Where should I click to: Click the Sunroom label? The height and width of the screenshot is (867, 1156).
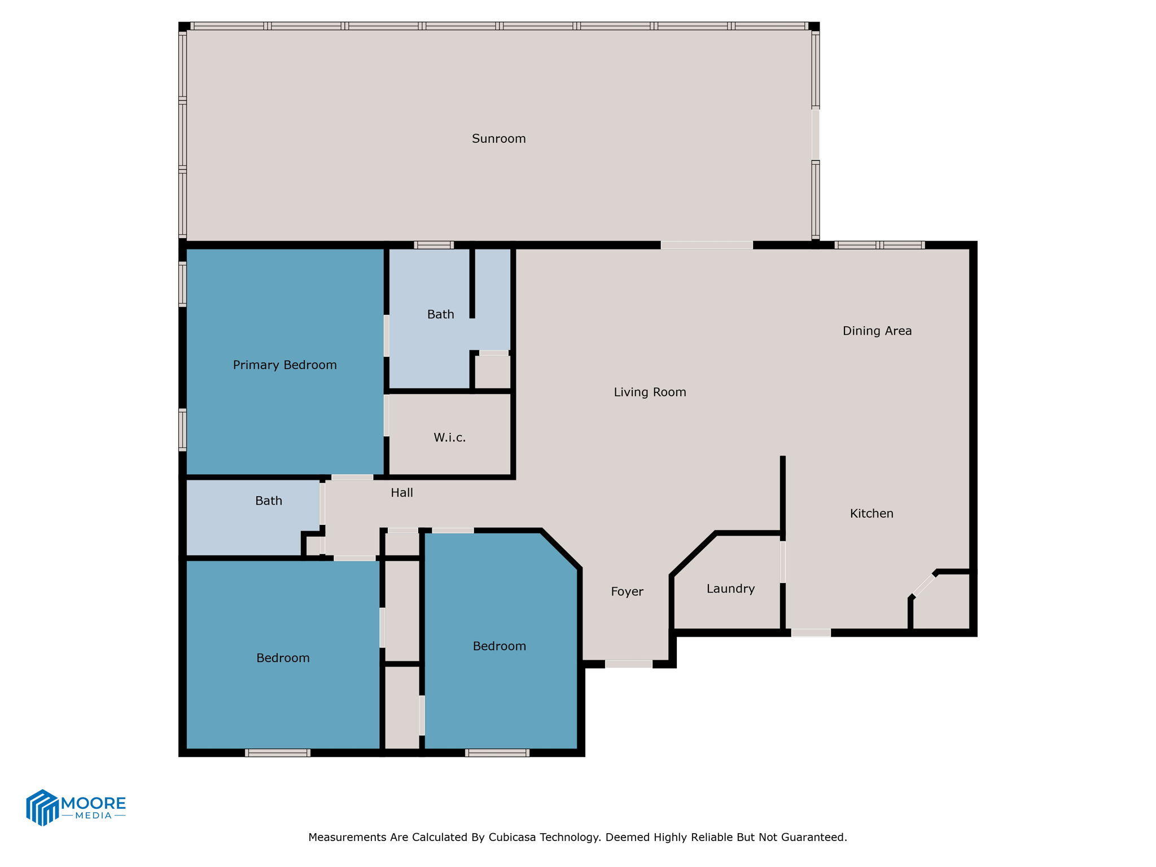click(498, 139)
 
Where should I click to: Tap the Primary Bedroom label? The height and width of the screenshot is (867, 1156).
click(284, 365)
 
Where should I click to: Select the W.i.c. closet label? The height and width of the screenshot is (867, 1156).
click(449, 437)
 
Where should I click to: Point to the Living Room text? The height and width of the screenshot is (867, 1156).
click(650, 392)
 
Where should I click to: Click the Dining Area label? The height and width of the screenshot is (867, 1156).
click(877, 331)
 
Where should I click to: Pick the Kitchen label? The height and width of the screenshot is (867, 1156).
click(872, 514)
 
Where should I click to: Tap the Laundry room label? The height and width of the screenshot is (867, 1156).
click(730, 589)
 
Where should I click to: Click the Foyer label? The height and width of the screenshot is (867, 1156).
click(627, 592)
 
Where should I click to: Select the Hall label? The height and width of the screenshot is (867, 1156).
click(401, 493)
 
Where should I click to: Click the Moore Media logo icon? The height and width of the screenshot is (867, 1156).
click(42, 807)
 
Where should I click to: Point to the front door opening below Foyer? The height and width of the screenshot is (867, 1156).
click(628, 664)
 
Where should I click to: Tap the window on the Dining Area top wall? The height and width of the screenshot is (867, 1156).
click(879, 245)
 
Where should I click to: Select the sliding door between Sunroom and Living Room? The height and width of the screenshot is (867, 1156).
click(706, 245)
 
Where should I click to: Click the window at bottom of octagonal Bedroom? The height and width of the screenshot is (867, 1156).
click(497, 752)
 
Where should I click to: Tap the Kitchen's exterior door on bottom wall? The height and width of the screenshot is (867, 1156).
click(811, 633)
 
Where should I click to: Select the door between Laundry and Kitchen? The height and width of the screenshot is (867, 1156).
click(783, 562)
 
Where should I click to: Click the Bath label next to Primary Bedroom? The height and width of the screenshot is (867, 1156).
click(440, 314)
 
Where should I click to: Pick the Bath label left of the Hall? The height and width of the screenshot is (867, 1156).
click(268, 501)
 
